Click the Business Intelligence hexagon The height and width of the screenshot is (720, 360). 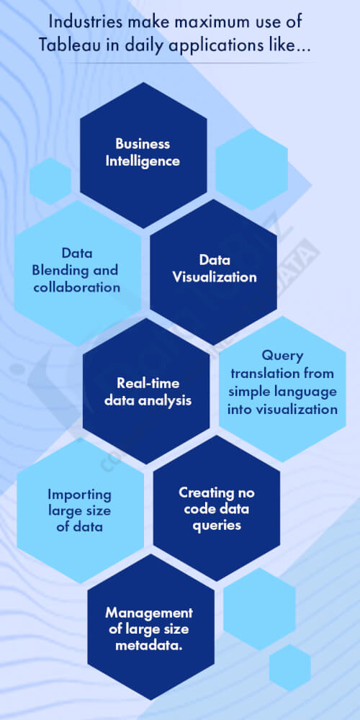click(143, 152)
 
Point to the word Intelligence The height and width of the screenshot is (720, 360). click(143, 161)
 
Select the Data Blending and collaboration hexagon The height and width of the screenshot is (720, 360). click(77, 271)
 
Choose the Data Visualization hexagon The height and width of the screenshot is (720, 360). click(214, 269)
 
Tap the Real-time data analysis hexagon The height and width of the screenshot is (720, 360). click(148, 392)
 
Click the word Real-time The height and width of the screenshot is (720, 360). click(148, 383)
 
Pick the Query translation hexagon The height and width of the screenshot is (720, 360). click(283, 383)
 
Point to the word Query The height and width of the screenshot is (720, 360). click(282, 356)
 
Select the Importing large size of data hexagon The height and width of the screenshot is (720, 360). click(79, 510)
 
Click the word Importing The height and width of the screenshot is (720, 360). click(79, 495)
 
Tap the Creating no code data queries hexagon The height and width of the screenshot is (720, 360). click(216, 509)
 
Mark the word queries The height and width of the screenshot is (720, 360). click(216, 526)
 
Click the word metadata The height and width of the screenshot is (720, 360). click(150, 644)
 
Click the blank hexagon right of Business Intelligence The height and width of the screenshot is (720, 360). click(252, 169)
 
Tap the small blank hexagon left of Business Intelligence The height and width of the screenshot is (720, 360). click(50, 181)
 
